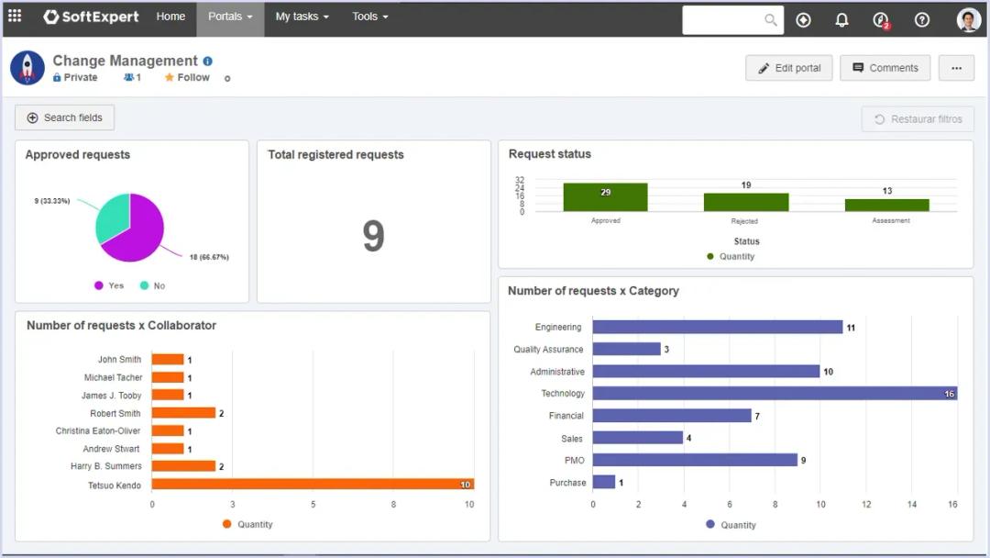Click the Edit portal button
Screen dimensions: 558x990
[789, 68]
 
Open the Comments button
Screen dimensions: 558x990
[885, 68]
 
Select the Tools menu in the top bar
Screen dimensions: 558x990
[369, 17]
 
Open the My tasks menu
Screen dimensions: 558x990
[302, 17]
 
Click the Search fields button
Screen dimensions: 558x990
[64, 117]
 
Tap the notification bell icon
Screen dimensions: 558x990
[841, 20]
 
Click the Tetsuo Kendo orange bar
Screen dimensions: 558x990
[313, 484]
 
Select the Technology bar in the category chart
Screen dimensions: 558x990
[775, 394]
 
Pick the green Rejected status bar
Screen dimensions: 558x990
[745, 202]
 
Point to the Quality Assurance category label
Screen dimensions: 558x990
[548, 350]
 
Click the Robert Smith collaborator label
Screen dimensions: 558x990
[115, 413]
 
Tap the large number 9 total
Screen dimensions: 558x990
[373, 237]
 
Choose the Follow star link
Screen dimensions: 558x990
[187, 78]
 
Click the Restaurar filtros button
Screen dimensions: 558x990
[918, 119]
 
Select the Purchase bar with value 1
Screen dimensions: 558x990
[604, 482]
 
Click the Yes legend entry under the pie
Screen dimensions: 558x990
[109, 285]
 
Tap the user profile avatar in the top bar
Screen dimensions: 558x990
[968, 20]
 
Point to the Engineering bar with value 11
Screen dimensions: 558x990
[717, 327]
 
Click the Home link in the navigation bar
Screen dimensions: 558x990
[170, 17]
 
